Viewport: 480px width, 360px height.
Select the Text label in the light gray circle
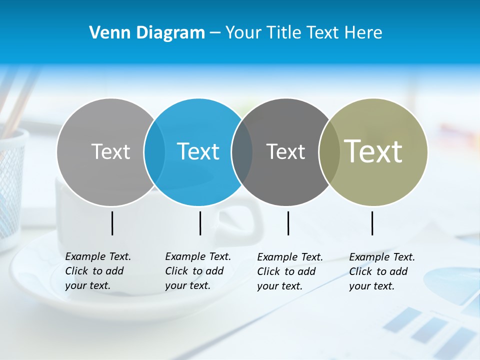110,151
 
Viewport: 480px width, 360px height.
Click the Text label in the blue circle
198,151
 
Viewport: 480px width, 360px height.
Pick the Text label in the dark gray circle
285,151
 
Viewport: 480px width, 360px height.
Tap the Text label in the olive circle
373,151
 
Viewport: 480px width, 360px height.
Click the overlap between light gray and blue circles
154,152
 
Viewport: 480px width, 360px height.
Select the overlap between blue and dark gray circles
242,152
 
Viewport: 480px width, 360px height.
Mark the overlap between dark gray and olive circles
328,152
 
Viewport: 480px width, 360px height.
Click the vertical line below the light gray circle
112,223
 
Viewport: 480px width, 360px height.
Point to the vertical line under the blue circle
200,223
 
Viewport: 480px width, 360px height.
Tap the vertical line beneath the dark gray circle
288,223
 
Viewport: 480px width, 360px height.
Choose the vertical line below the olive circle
372,223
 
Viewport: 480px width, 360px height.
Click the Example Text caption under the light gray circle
97,271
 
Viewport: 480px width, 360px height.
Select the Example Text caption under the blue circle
197,271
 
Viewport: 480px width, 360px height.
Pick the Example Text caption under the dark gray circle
289,271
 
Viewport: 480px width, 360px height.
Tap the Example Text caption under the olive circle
381,271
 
